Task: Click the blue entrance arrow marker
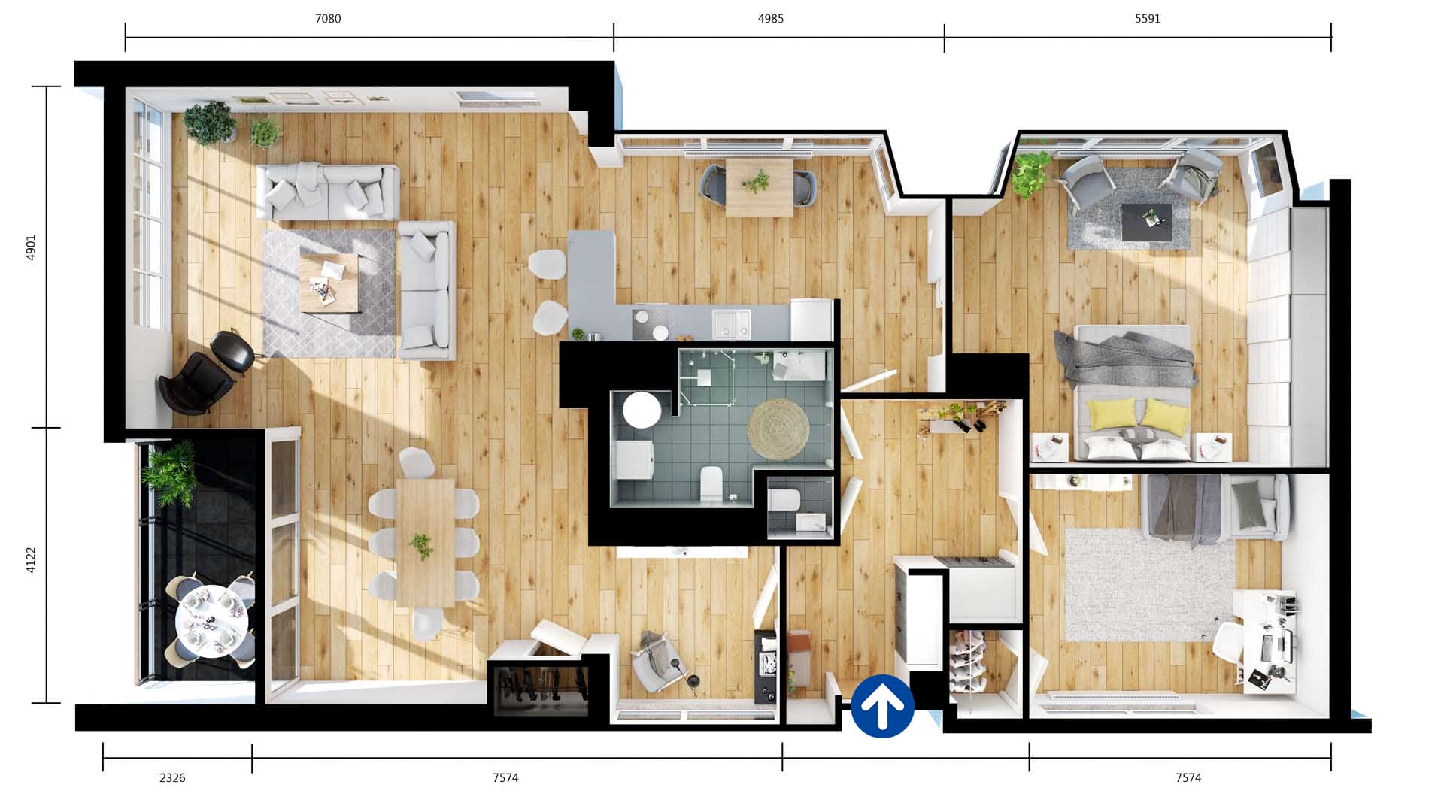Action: click(882, 706)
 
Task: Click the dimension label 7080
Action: click(328, 19)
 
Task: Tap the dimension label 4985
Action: click(771, 19)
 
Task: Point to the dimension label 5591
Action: click(1148, 19)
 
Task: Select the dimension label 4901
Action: click(31, 247)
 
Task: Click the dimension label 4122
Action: click(31, 560)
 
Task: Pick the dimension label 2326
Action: click(172, 778)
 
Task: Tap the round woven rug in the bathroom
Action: click(778, 429)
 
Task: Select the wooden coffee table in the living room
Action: click(329, 283)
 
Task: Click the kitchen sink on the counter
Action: click(731, 323)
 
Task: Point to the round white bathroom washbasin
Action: click(642, 410)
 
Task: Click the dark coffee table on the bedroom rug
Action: click(1146, 223)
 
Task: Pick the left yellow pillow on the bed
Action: click(1112, 414)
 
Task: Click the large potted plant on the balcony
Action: click(169, 472)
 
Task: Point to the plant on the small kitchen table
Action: click(757, 181)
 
